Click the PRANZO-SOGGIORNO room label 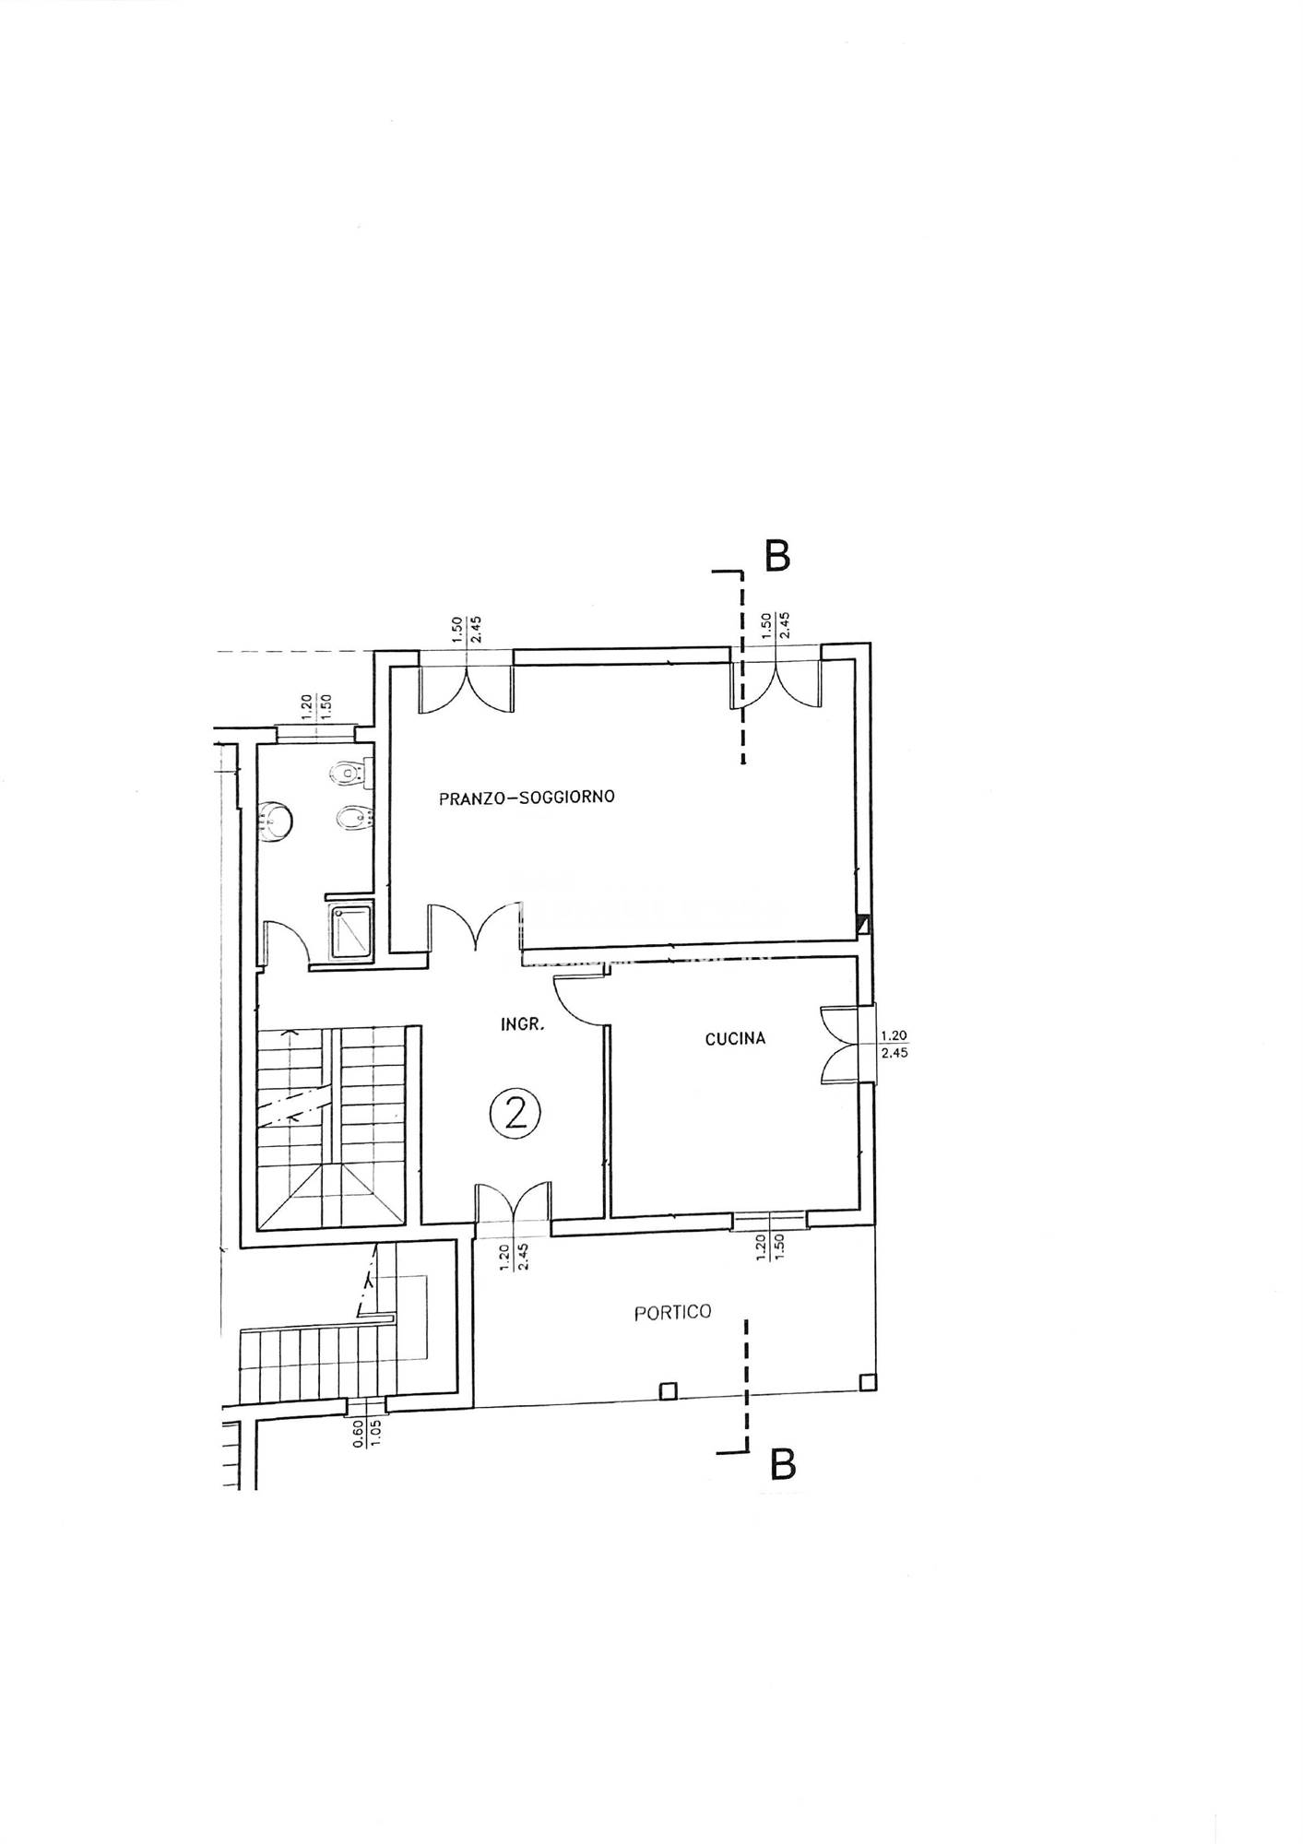coord(527,798)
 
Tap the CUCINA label coord(735,1039)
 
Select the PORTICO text coord(673,1312)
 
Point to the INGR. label coord(521,1023)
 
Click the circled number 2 coord(515,1114)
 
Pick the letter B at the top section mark coord(777,556)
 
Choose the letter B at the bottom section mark coord(782,1465)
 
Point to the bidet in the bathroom coord(355,818)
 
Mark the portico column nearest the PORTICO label coord(669,1390)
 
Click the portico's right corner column coord(867,1382)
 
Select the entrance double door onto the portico coord(514,1208)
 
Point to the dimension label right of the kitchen coord(894,1044)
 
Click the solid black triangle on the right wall coord(863,923)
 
